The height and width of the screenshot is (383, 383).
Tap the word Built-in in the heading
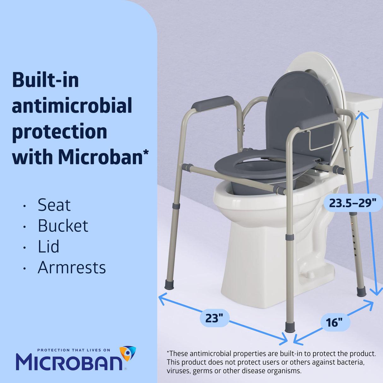click(45, 80)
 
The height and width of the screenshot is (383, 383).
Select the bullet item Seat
click(54, 205)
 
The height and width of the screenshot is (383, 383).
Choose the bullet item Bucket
click(63, 226)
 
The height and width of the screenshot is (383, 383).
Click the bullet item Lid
click(48, 247)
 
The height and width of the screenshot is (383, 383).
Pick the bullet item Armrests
click(72, 268)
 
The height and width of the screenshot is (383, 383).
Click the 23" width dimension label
click(214, 318)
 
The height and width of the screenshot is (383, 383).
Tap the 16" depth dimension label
click(334, 322)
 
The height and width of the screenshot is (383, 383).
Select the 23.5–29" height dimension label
click(353, 203)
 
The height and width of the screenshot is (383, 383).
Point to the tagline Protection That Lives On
click(74, 350)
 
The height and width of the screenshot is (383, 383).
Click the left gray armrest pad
click(213, 103)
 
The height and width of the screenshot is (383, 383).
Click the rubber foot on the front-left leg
click(169, 284)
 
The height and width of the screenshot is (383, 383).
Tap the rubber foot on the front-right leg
click(290, 327)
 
